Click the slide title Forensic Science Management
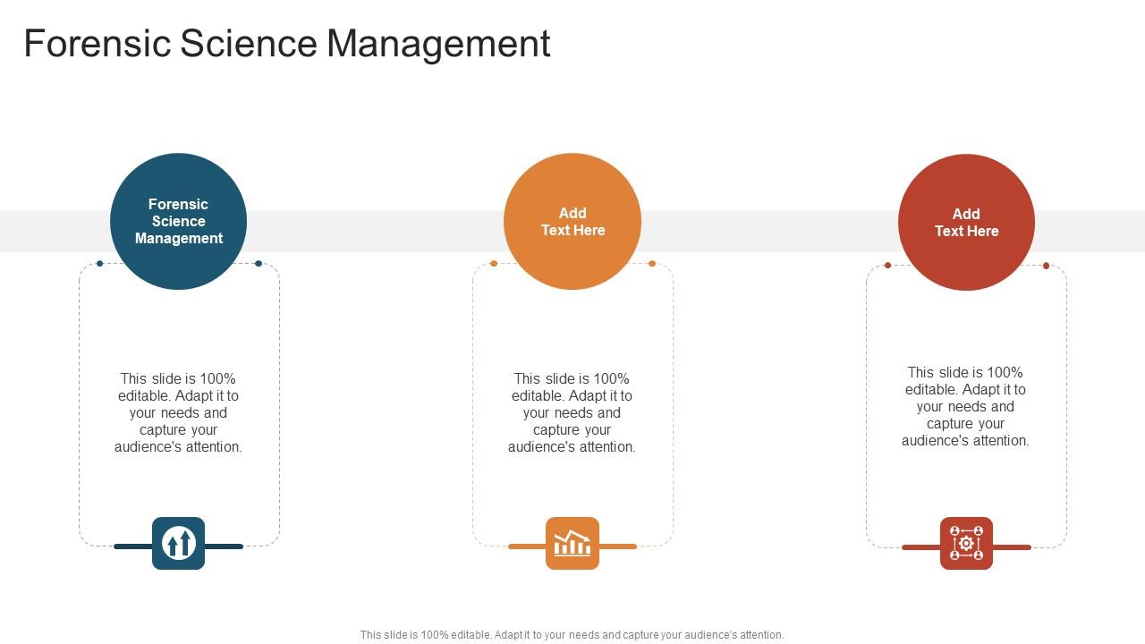click(286, 44)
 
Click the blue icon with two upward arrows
click(178, 543)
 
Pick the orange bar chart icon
click(572, 543)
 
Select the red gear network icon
click(966, 543)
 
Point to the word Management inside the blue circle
click(179, 239)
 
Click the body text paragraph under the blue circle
click(178, 412)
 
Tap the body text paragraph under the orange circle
click(572, 412)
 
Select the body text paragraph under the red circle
click(966, 406)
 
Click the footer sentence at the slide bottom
click(572, 635)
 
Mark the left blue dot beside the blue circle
click(99, 264)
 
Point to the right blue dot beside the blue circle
click(259, 264)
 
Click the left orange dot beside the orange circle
click(494, 264)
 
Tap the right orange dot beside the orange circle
click(652, 264)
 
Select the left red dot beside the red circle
click(887, 266)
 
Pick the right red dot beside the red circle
click(1046, 266)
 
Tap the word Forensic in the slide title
click(97, 44)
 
